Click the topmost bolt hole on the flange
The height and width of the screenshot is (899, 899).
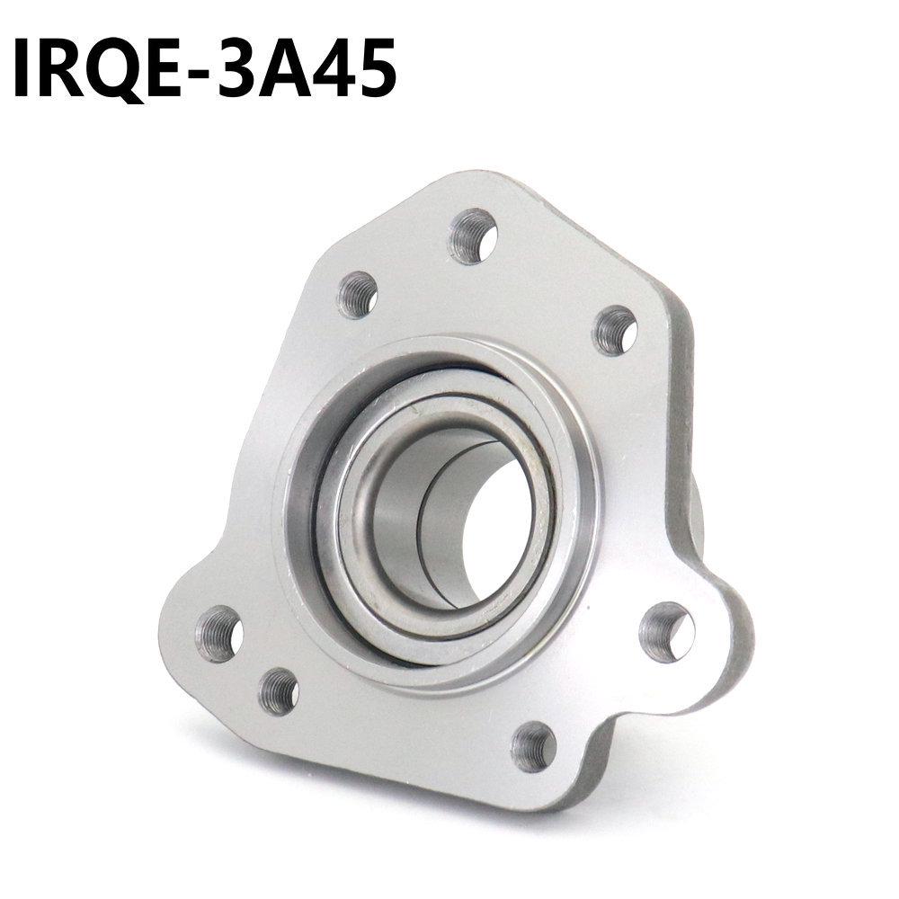click(x=473, y=236)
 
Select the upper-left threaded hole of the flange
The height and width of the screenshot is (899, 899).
click(x=357, y=294)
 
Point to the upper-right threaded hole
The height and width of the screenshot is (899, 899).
click(x=615, y=330)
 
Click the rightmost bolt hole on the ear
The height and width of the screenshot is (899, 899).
click(x=666, y=632)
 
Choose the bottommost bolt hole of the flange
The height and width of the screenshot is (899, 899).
click(x=533, y=745)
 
